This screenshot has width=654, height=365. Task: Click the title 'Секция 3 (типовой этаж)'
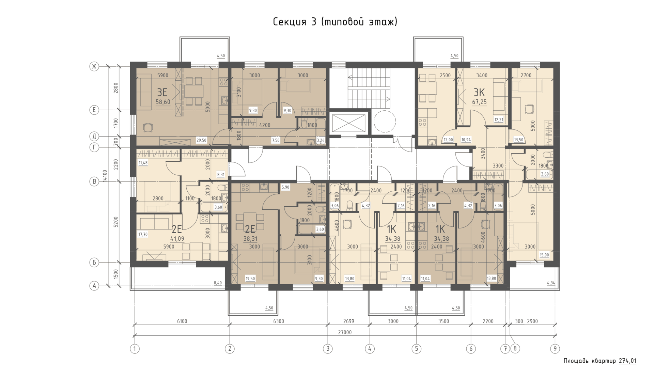[335, 22]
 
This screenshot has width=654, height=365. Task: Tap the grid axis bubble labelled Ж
[94, 66]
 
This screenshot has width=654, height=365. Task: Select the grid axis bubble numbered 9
[555, 349]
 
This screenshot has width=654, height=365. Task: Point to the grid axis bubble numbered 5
[416, 349]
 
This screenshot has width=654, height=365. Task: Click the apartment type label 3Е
[162, 92]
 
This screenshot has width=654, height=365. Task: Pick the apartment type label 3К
[479, 92]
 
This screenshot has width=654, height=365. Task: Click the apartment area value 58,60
[163, 102]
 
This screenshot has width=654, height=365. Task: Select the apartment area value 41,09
[177, 239]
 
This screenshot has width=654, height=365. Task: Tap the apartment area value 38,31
[250, 239]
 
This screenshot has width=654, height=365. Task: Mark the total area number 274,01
[627, 361]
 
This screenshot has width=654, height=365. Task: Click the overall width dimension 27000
[345, 332]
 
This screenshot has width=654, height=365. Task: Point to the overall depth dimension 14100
[105, 176]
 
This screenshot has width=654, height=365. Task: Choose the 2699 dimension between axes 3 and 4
[348, 321]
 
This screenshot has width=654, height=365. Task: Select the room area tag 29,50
[201, 140]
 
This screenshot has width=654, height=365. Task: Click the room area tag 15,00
[544, 255]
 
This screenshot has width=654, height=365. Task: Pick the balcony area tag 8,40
[218, 283]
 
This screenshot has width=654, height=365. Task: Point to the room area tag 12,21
[499, 120]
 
